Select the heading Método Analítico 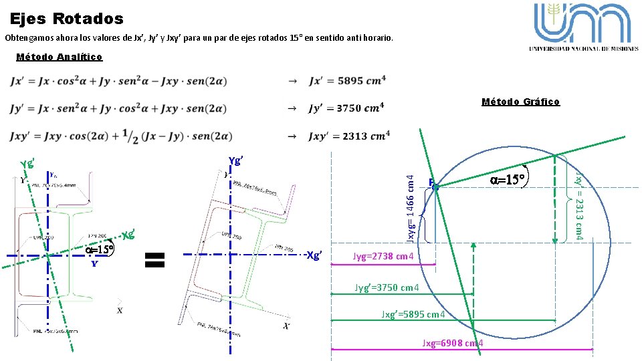point(59,57)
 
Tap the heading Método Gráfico point(520,102)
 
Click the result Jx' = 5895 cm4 point(347,81)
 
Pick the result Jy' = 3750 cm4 point(347,108)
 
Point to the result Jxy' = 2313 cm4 point(348,136)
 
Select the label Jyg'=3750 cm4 point(387,288)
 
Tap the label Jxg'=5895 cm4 point(414,314)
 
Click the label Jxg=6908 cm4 point(453,343)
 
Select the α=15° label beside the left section point(100,249)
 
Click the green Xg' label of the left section point(130,235)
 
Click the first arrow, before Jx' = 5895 point(292,81)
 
